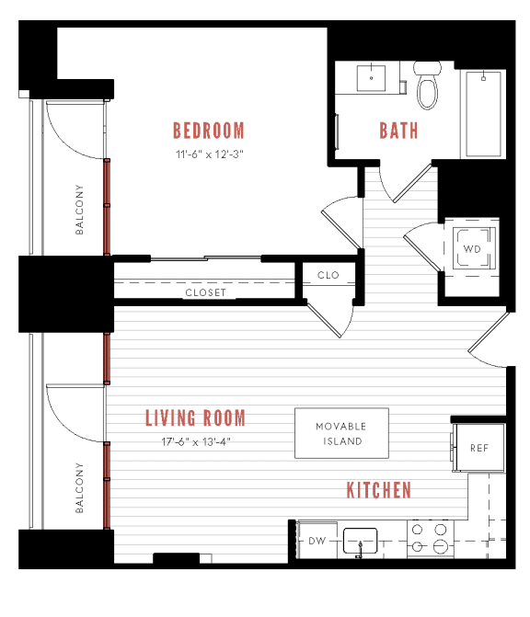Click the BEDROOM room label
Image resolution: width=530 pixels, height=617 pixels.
coord(209,130)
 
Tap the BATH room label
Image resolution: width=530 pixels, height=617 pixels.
coord(398,130)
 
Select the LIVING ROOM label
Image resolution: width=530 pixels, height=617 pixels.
coord(195,419)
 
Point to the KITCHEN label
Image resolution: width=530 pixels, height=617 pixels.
coord(378,490)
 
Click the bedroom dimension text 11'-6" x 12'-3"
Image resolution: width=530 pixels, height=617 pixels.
coord(209,154)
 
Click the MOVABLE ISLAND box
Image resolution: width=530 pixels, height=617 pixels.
coord(340,433)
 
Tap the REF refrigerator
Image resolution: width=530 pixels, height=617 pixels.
coord(478,448)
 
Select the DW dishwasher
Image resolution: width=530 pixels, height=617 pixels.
coord(317,542)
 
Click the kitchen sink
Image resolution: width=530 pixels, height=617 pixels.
coord(361,542)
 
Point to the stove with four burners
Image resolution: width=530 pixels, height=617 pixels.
coord(427,539)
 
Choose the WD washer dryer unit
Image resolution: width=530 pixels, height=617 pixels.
coord(471,249)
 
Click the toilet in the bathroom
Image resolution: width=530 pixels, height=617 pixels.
coord(427,85)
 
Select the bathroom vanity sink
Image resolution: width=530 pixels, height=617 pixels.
coord(371,78)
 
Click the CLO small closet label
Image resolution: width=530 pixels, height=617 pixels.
coord(328,275)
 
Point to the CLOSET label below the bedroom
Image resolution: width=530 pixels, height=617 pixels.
coord(205,292)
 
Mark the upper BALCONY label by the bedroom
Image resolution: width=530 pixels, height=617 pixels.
coord(80,211)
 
